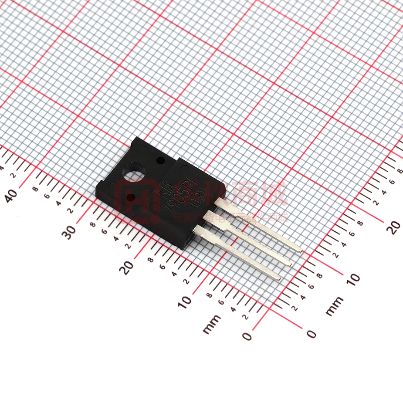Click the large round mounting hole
pyautogui.click(x=133, y=172)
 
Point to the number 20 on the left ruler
pyautogui.click(x=127, y=267)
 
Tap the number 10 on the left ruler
pyautogui.click(x=185, y=301)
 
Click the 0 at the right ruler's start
pyautogui.click(x=311, y=334)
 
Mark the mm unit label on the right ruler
pyautogui.click(x=334, y=306)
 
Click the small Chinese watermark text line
pyautogui.click(x=231, y=218)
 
